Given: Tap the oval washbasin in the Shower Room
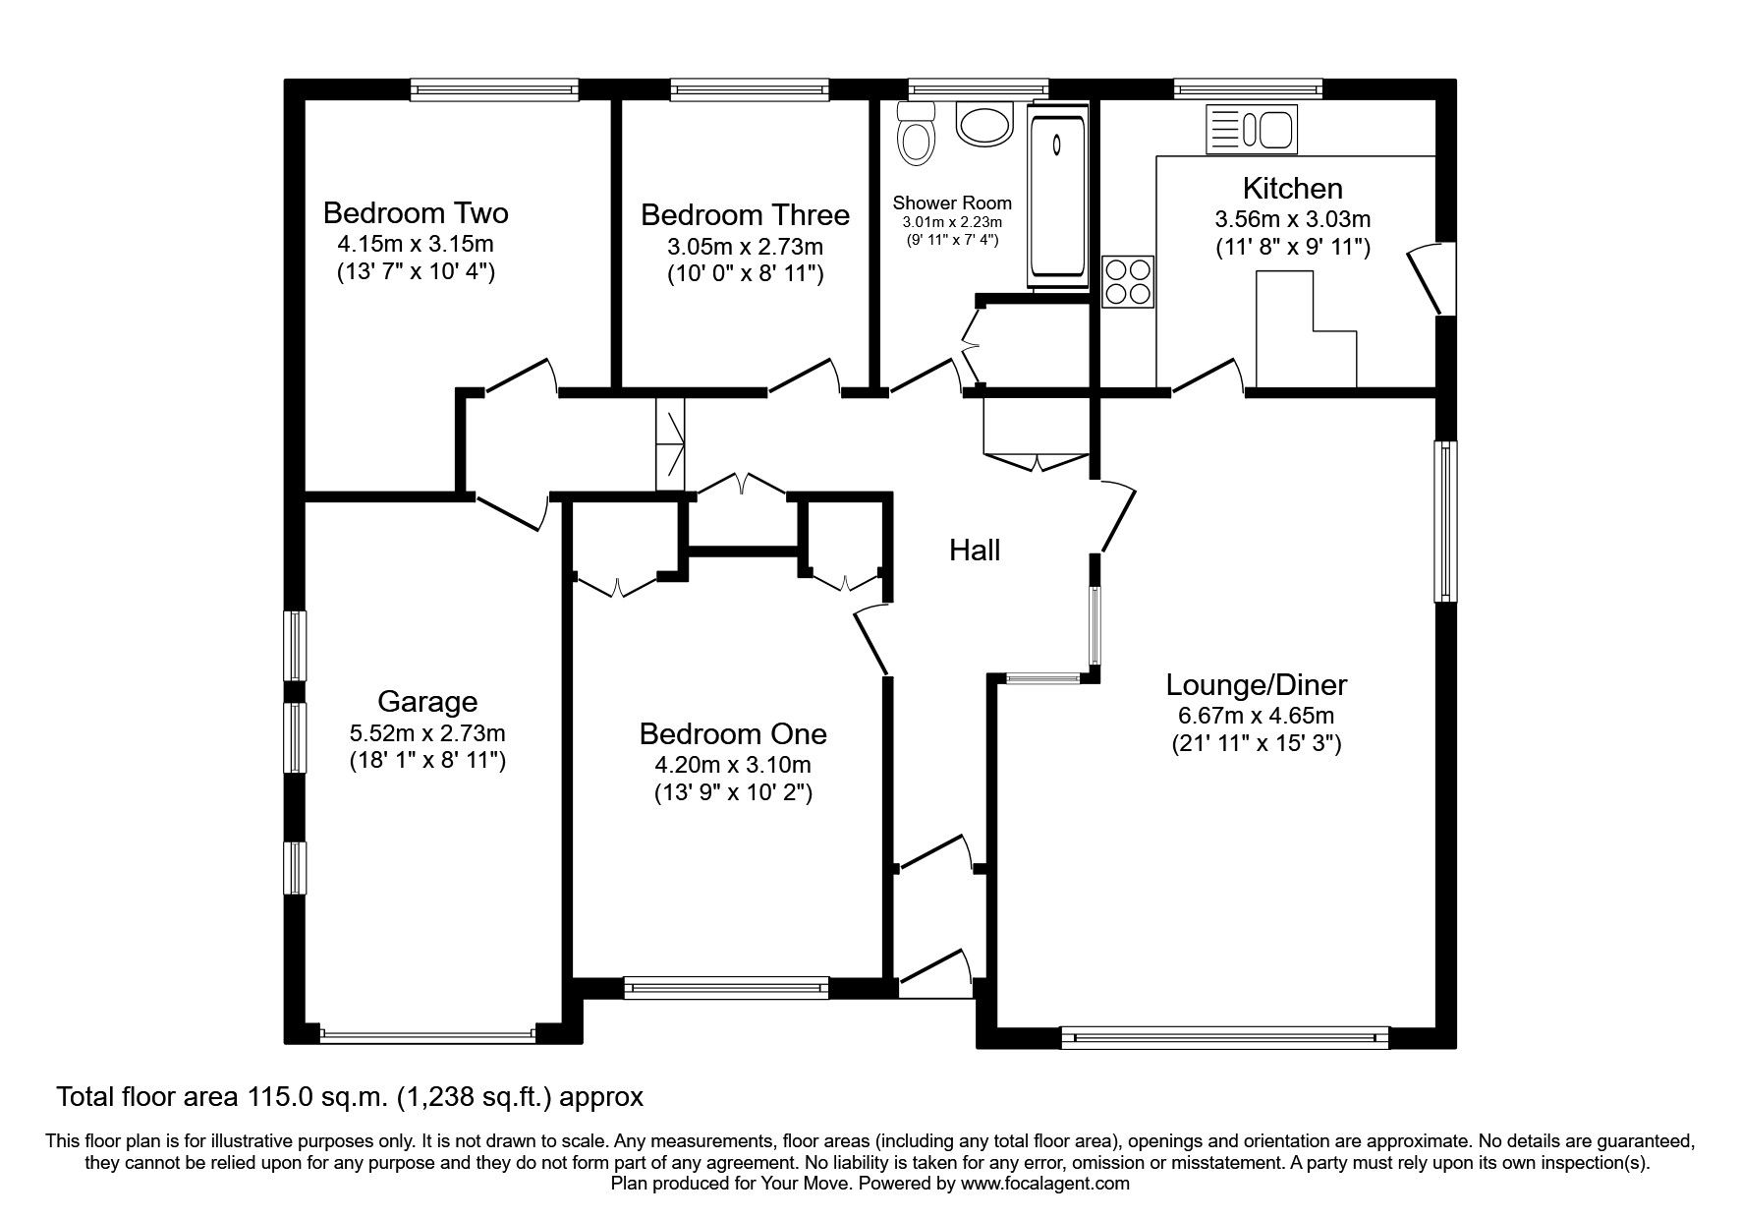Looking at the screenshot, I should click(x=982, y=126).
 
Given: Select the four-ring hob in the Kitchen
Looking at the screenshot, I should click(x=1128, y=280).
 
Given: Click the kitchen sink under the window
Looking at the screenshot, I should click(x=1251, y=130).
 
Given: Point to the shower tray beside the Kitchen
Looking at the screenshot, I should click(x=1057, y=197).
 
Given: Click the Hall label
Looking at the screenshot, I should click(x=975, y=551).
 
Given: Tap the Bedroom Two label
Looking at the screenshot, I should click(x=416, y=212).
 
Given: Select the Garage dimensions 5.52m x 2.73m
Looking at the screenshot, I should click(x=427, y=732).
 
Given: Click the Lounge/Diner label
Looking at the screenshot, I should click(x=1256, y=684).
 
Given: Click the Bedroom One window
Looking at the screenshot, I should click(x=726, y=987).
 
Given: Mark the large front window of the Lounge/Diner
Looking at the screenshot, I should click(x=1224, y=1035).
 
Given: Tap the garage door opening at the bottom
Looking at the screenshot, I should click(x=426, y=1034).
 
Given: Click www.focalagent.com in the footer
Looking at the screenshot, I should click(x=1045, y=1184).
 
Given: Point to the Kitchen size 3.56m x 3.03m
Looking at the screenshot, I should click(x=1292, y=219).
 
